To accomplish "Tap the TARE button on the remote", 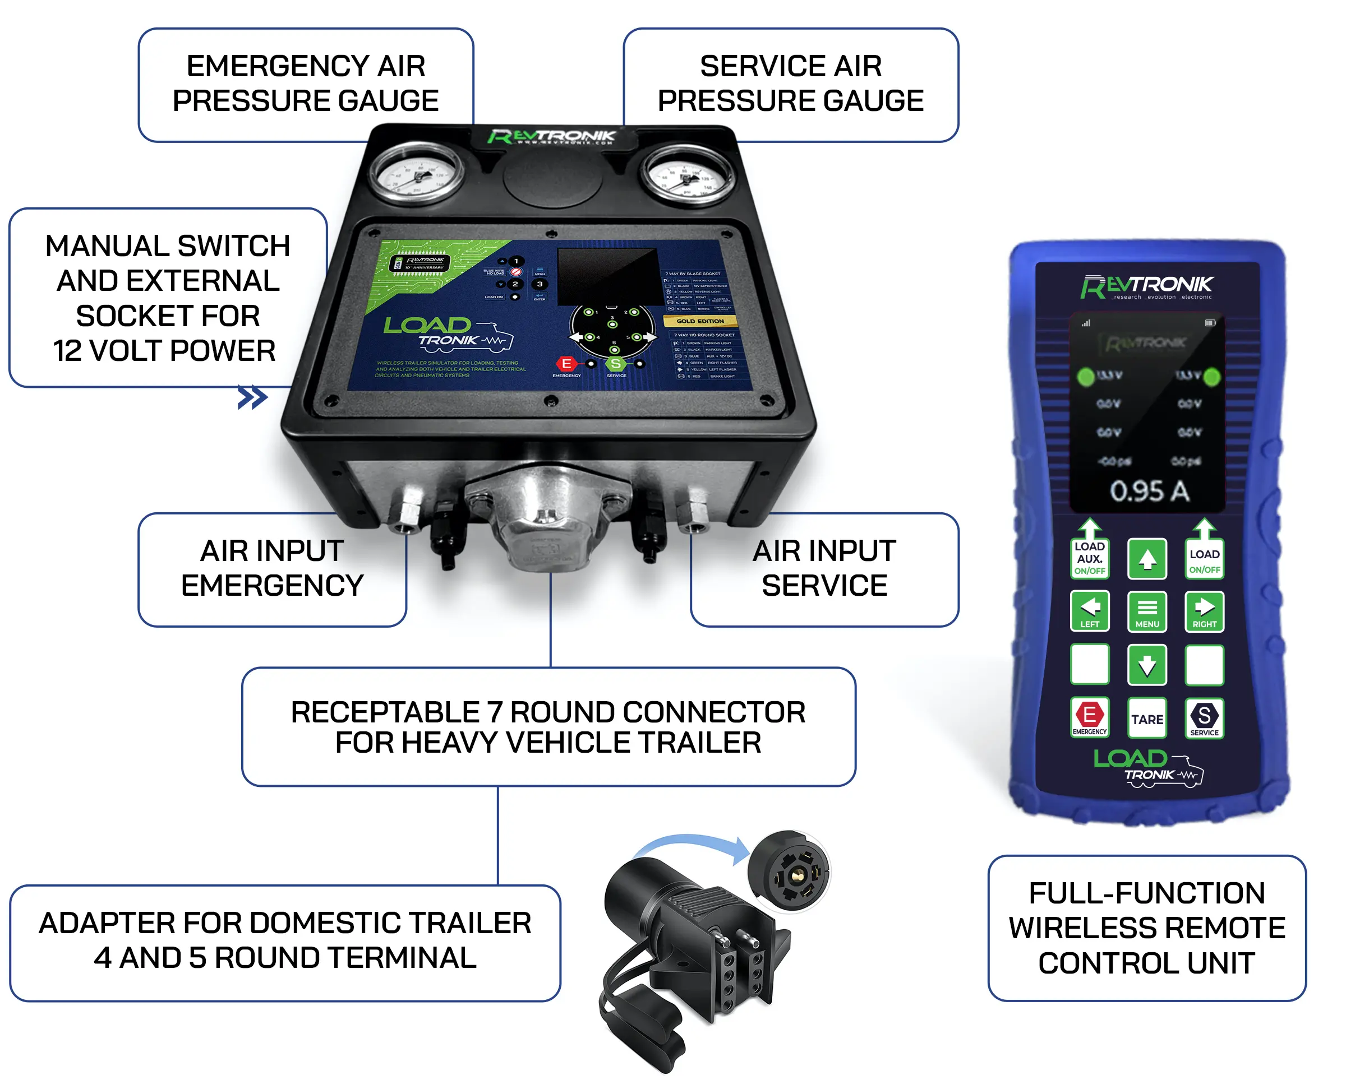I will coord(1147,719).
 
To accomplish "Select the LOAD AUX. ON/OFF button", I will coord(1089,558).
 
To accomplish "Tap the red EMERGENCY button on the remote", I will coord(1089,717).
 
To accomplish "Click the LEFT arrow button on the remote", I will coord(1089,611).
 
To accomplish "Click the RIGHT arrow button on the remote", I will coord(1204,611).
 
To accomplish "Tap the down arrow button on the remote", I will coord(1147,665).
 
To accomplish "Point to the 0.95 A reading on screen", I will coord(1149,491).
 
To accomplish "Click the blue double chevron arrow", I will coord(252,397).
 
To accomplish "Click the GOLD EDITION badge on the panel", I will coord(700,321).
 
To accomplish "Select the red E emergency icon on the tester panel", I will coord(566,364).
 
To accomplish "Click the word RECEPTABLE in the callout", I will coord(385,712).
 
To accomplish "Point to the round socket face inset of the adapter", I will coord(790,871).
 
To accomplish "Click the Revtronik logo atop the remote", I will coord(1147,286).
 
